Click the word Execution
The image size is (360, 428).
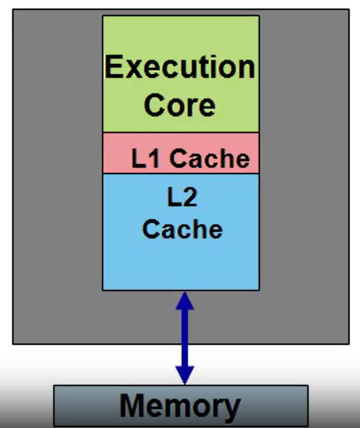tap(180, 68)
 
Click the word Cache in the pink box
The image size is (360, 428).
tap(210, 159)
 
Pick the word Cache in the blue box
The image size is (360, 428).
tap(182, 229)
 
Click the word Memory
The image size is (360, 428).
tap(180, 406)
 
